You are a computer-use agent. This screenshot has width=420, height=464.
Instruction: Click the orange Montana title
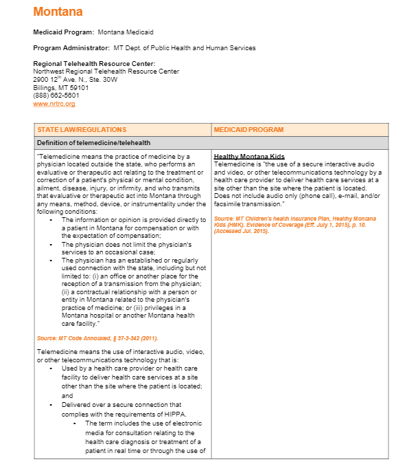[58, 12]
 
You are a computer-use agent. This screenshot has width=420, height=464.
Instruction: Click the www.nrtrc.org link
[54, 104]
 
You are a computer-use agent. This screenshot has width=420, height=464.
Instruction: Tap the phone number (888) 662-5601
[56, 96]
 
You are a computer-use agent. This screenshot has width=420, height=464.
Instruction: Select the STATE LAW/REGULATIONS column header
[82, 129]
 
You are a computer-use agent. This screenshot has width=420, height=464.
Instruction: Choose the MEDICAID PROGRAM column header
[248, 129]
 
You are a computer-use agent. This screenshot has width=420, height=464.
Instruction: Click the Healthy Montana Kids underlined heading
[249, 157]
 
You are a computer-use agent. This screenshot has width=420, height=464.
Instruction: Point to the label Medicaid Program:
[64, 32]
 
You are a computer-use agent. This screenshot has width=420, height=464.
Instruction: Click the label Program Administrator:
[71, 48]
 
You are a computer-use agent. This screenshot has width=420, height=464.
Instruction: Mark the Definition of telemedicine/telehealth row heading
[94, 143]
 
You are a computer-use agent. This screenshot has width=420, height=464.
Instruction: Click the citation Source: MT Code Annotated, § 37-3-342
[97, 338]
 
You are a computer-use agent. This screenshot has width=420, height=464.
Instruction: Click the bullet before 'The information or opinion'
[51, 220]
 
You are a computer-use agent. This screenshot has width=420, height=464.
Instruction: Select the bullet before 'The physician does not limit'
[51, 245]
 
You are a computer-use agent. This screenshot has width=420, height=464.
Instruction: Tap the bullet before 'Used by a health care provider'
[51, 368]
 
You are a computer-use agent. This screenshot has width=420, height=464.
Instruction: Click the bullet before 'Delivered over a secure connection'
[51, 405]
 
